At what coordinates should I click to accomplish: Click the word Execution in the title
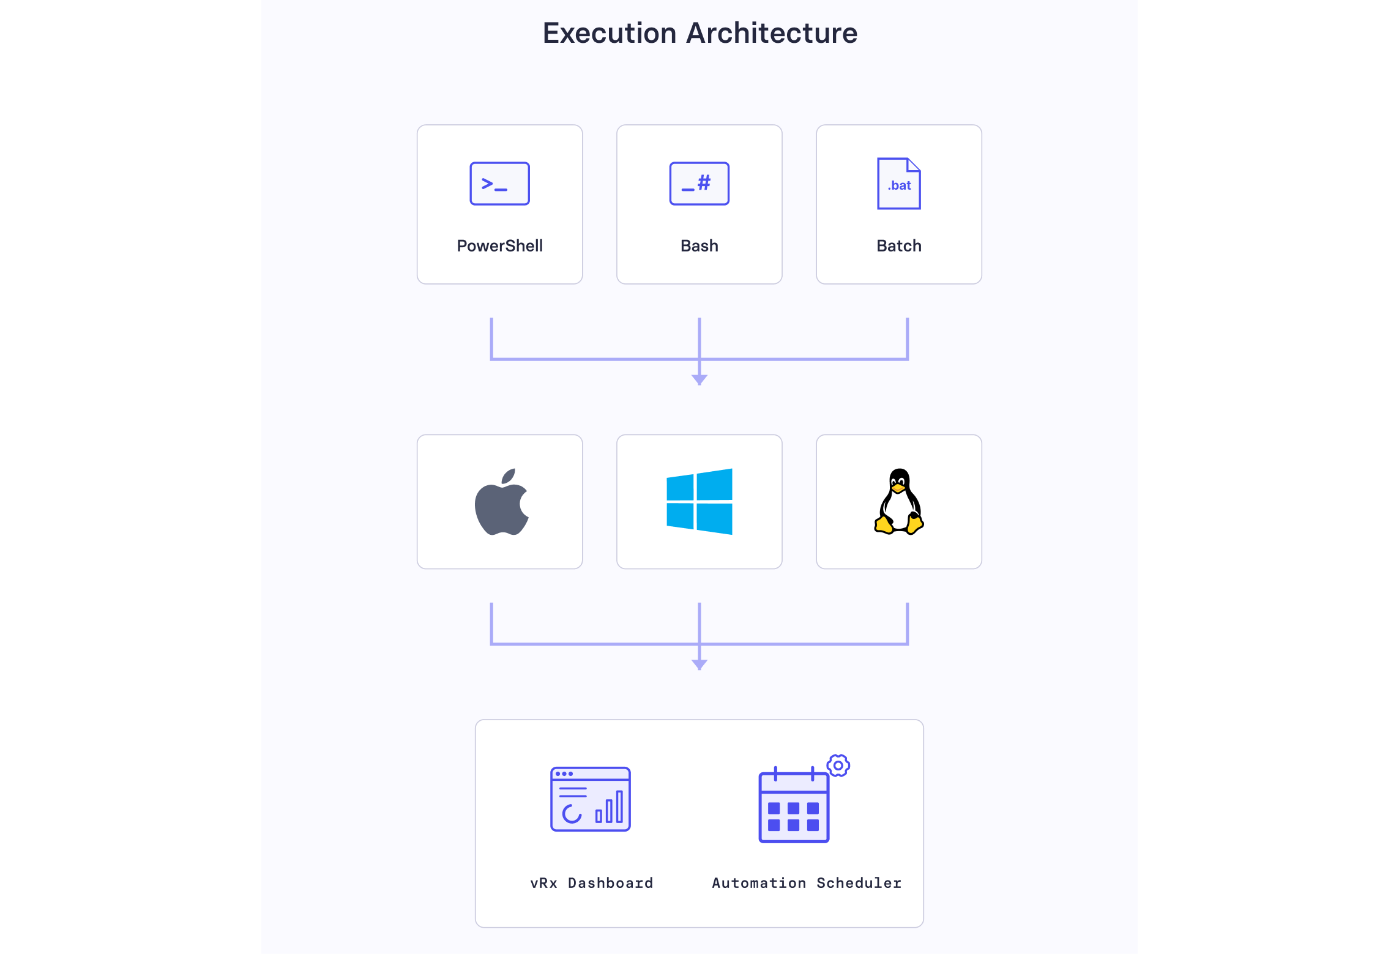[x=610, y=34]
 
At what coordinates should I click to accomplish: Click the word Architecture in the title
[x=772, y=34]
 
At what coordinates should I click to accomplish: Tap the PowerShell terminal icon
[x=499, y=184]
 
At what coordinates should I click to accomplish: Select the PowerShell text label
[x=499, y=246]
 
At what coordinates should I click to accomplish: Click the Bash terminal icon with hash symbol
[x=699, y=184]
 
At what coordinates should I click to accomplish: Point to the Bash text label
[x=699, y=246]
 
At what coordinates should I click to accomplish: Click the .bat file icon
[x=898, y=184]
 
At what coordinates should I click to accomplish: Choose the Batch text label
[x=898, y=246]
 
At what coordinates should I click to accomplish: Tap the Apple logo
[x=501, y=506]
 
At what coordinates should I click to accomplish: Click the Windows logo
[x=699, y=502]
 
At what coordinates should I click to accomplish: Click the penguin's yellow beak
[x=898, y=488]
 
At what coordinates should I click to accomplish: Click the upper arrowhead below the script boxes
[x=699, y=379]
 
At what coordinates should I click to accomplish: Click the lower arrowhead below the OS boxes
[x=699, y=664]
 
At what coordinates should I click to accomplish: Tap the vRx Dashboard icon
[x=590, y=799]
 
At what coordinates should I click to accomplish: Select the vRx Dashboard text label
[x=591, y=883]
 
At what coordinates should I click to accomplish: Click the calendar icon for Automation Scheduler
[x=794, y=807]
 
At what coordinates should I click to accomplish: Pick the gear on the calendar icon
[x=838, y=766]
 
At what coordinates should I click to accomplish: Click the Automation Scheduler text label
[x=806, y=883]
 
